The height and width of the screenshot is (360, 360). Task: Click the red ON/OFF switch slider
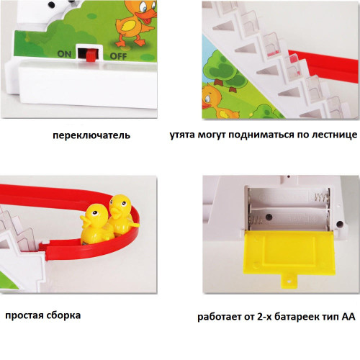pos(91,55)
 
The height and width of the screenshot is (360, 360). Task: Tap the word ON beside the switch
pos(64,54)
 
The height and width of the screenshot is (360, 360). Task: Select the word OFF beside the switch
pos(118,56)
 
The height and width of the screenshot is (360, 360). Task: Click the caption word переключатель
pos(91,135)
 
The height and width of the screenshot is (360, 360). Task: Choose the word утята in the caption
pos(182,135)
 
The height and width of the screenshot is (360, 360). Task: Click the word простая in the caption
pos(24,315)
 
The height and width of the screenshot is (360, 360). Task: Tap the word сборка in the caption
pos(63,315)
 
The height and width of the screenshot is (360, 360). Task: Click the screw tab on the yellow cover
pos(289,282)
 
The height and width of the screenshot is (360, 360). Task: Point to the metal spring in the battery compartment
pos(322,197)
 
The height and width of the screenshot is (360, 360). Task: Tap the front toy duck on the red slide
pos(96,224)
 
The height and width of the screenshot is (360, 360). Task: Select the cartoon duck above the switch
pos(135,24)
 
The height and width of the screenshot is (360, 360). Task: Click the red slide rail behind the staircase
pos(324,63)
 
